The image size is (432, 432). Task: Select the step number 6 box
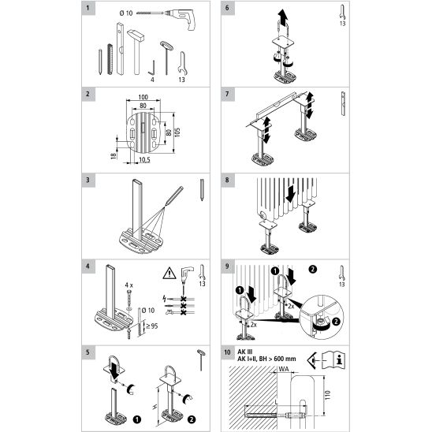[227, 7]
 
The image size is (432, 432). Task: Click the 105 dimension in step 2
[177, 132]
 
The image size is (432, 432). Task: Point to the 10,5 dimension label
[144, 159]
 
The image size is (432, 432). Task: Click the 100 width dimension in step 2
[143, 97]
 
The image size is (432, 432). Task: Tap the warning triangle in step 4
[169, 273]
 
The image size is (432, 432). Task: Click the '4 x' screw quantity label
[129, 285]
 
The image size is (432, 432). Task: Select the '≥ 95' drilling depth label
[152, 326]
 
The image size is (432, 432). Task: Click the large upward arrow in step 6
[283, 17]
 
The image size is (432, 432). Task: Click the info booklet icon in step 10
[333, 360]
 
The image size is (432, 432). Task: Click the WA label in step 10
[284, 369]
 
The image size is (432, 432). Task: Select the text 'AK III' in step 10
[245, 352]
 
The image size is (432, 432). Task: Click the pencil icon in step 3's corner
[202, 190]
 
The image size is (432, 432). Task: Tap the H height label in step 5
[155, 407]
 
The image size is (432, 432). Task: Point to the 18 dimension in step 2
[114, 156]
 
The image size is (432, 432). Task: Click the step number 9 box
[227, 266]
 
